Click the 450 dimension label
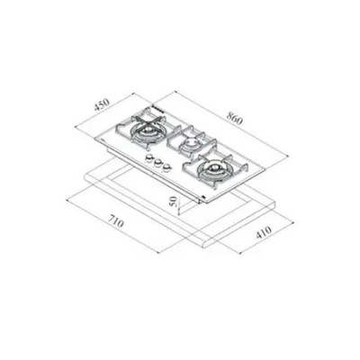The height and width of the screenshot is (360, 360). pos(102,104)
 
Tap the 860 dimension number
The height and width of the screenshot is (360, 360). pos(234,118)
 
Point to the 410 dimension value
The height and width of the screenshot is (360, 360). pos(263,232)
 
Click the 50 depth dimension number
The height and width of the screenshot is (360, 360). pos(174,202)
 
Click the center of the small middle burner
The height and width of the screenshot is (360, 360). pos(190,143)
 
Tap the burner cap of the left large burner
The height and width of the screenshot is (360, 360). pos(148,130)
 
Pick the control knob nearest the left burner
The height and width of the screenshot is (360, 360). pos(148,158)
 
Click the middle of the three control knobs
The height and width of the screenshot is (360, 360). pos(157,164)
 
